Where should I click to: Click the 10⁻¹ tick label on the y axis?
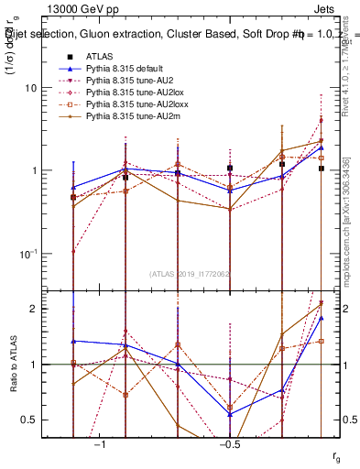[x=33, y=254]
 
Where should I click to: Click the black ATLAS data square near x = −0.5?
[x=230, y=169]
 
